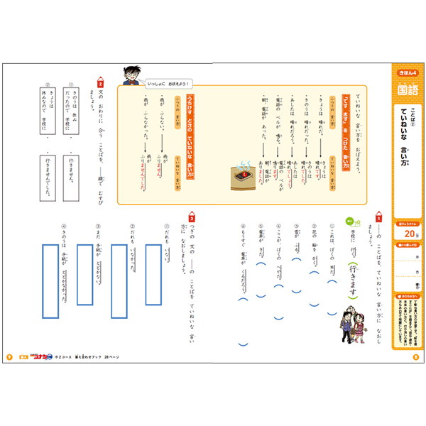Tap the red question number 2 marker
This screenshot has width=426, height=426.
(x=99, y=83)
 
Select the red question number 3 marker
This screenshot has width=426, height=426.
(x=191, y=214)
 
